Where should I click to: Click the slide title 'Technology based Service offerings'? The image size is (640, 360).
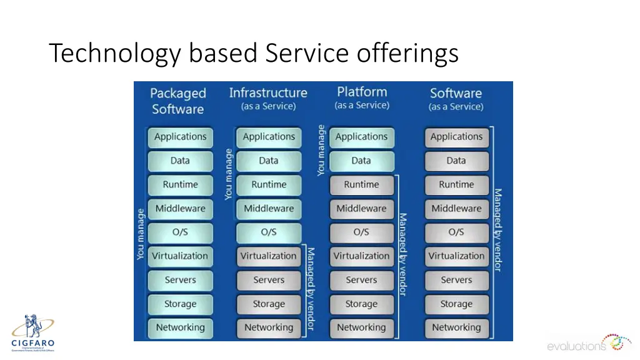(254, 54)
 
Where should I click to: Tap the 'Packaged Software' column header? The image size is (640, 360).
(177, 101)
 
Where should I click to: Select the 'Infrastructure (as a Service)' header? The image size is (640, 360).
(268, 99)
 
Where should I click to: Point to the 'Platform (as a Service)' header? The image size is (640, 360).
(362, 98)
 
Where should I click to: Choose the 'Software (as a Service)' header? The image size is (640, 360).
(456, 99)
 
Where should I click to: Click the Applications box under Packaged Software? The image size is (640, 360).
(180, 137)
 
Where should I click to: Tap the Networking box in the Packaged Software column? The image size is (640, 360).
(180, 327)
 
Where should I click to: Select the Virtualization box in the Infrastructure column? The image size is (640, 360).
(269, 256)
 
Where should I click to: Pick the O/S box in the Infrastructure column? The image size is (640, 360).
(269, 232)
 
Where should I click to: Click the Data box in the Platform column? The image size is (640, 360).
(361, 161)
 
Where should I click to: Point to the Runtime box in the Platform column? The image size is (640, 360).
(361, 185)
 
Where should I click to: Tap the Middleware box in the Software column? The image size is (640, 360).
(456, 209)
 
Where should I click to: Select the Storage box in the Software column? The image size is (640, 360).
(456, 304)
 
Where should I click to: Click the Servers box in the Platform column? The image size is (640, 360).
(361, 281)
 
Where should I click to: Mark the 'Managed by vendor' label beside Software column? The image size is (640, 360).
(498, 230)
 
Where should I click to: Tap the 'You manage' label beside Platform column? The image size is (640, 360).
(321, 150)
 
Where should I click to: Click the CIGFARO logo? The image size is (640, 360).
(32, 333)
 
